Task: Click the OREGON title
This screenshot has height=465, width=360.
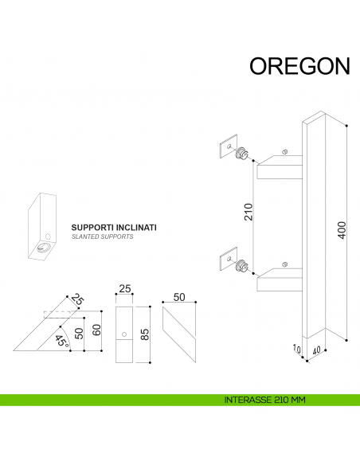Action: point(299,66)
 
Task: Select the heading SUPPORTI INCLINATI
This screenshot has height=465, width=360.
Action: point(114,227)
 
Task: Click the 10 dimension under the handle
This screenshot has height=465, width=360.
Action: point(295,348)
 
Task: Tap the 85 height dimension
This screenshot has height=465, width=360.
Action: point(145,334)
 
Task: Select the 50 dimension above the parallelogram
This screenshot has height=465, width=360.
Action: point(179,297)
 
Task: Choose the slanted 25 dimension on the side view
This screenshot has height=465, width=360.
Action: point(77,299)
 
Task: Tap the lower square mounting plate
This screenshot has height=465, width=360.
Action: point(228,259)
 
